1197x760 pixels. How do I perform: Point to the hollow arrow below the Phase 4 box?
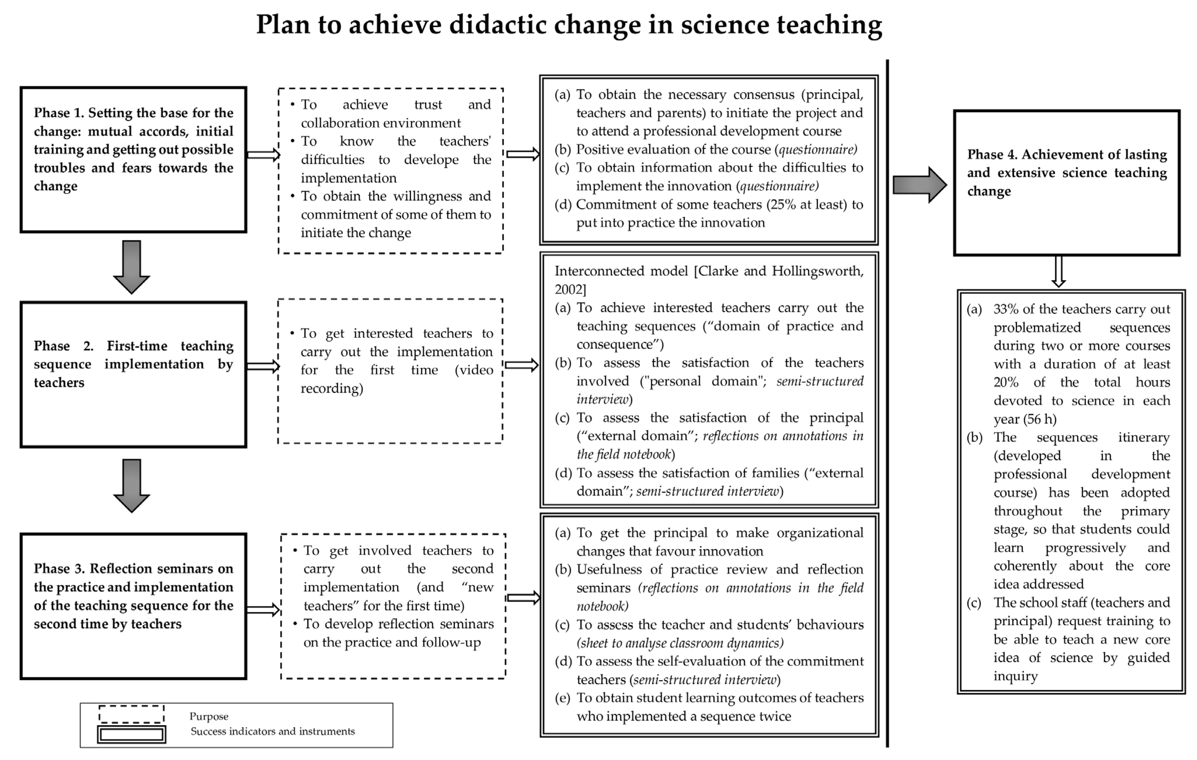tap(1058, 272)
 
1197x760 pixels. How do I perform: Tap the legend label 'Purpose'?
tap(209, 716)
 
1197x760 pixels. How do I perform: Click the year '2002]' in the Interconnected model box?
tap(570, 289)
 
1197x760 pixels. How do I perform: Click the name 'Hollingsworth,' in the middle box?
tap(818, 271)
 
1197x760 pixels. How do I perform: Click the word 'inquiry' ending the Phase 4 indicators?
tap(1016, 676)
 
